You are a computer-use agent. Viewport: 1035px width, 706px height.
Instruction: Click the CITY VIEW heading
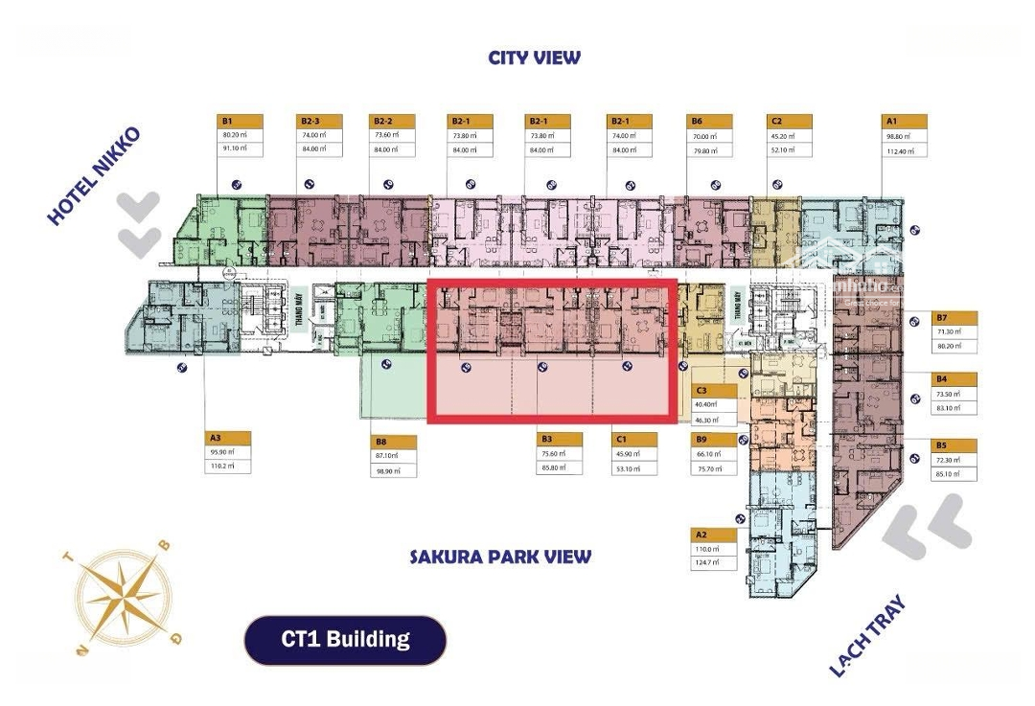pos(534,57)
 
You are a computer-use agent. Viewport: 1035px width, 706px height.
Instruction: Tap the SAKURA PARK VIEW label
pos(500,557)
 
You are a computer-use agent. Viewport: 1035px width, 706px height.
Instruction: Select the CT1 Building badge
pos(345,640)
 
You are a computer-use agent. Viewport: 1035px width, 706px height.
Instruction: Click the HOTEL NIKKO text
pos(93,176)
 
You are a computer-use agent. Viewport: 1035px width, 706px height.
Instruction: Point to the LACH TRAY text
pos(866,636)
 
